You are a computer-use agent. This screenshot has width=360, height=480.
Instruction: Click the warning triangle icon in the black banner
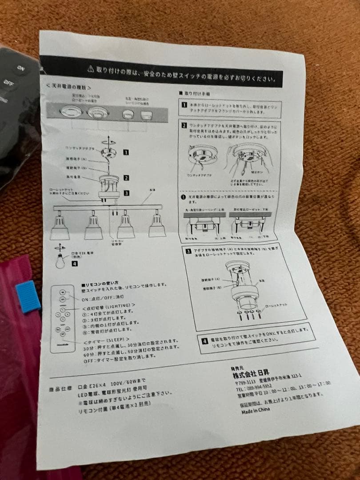click(91, 68)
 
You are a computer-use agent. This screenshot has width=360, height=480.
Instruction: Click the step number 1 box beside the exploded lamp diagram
click(126, 152)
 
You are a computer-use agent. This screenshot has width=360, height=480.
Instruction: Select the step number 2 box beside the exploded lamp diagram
click(126, 178)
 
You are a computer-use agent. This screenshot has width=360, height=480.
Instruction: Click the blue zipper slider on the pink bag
click(28, 296)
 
